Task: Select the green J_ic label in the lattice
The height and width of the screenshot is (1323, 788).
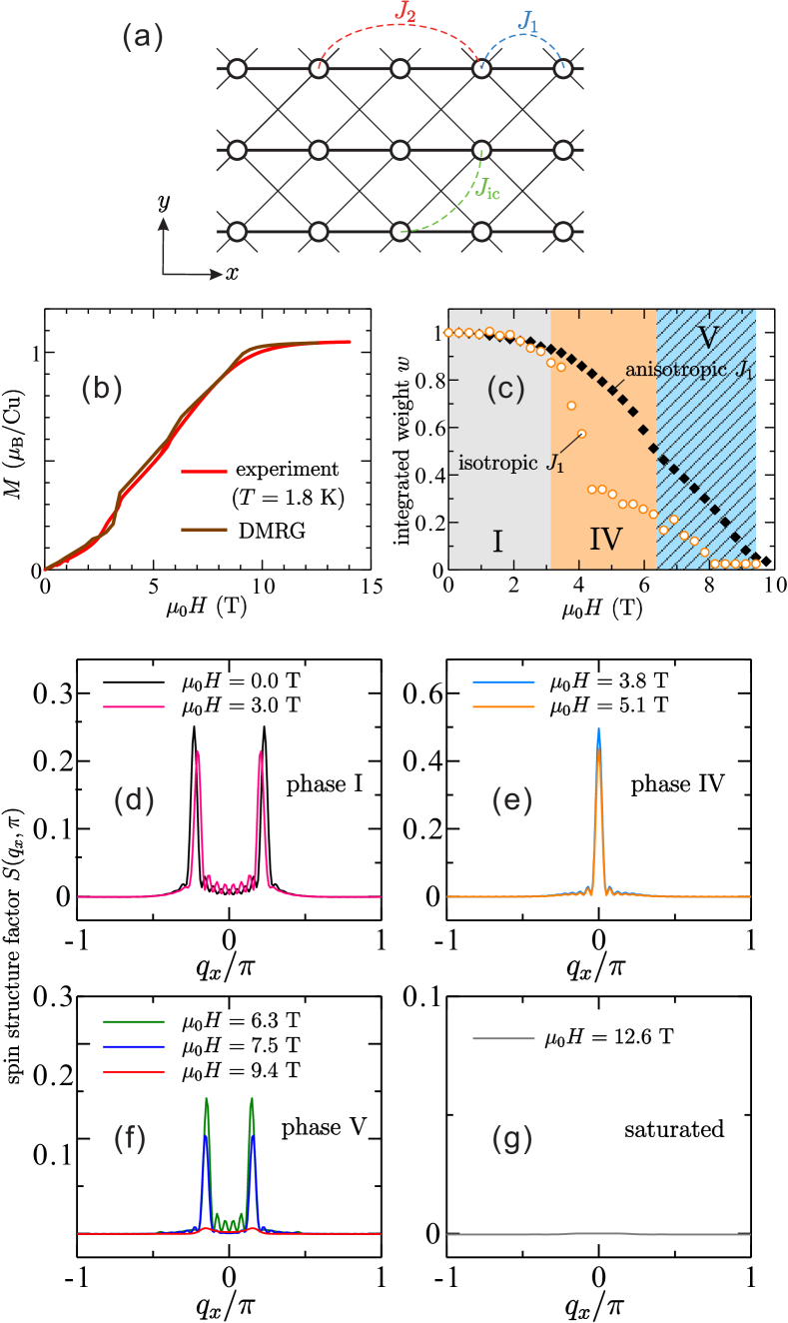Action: tap(488, 190)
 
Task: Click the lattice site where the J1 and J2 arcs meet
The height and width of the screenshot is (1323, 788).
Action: tap(481, 68)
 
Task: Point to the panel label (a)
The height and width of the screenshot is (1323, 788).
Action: tap(143, 38)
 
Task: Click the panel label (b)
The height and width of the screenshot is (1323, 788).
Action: tap(102, 389)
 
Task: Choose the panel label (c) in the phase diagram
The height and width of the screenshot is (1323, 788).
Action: tap(505, 389)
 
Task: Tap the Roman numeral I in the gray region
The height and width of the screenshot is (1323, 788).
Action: tap(496, 542)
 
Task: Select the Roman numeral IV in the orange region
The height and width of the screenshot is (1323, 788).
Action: tap(605, 541)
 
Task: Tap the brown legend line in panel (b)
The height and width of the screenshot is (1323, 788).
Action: tap(204, 529)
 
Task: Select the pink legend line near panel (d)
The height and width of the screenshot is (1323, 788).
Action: tap(134, 706)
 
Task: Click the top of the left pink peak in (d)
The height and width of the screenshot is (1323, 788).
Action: tap(199, 750)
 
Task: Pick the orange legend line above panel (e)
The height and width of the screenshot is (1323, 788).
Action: tap(503, 706)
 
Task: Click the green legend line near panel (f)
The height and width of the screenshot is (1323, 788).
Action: tap(134, 1021)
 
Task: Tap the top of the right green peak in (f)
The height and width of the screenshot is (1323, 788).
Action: tap(252, 1099)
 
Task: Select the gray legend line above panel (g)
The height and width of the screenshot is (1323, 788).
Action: tap(503, 1039)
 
